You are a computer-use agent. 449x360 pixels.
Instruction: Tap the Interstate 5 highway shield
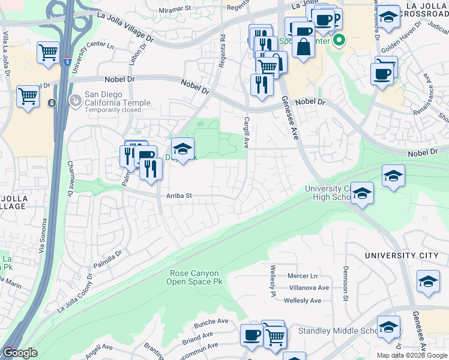[x=67, y=61]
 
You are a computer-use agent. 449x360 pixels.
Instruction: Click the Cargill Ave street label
[x=246, y=133]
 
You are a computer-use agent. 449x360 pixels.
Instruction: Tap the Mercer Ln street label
[x=302, y=276]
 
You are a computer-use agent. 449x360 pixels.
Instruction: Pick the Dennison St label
[x=346, y=284]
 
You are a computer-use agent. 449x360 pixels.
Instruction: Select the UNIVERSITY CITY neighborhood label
[x=402, y=256]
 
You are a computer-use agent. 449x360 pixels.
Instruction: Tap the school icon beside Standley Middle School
[x=388, y=327]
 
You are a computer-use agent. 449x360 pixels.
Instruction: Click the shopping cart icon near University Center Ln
[x=48, y=52]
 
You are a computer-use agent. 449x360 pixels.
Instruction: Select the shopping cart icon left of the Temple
[x=28, y=96]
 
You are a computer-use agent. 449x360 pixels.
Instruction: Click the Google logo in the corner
[x=20, y=353]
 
